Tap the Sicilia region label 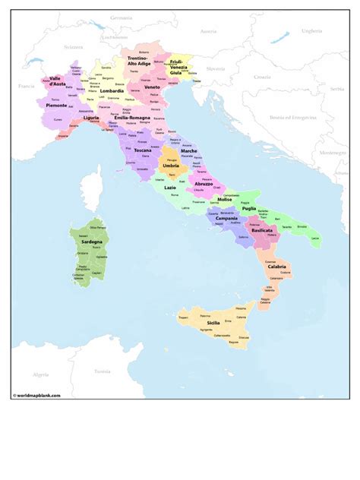[x=207, y=324]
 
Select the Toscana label [x=143, y=150]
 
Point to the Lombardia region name [x=112, y=90]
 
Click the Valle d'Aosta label [x=55, y=81]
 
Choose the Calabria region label [x=276, y=267]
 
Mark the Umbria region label [x=172, y=166]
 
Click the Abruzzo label [x=204, y=183]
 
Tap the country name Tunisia [x=102, y=371]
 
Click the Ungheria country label [x=312, y=31]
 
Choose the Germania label [x=121, y=17]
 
